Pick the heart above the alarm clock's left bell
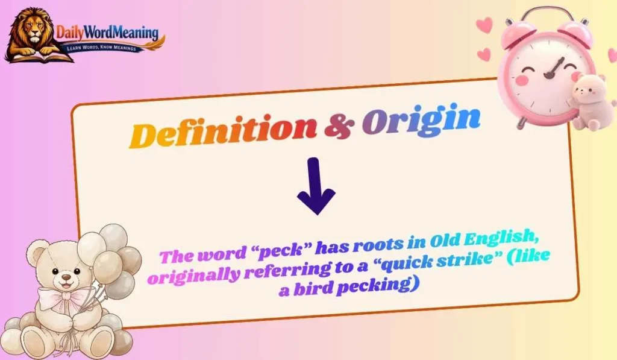pos(484,25)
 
